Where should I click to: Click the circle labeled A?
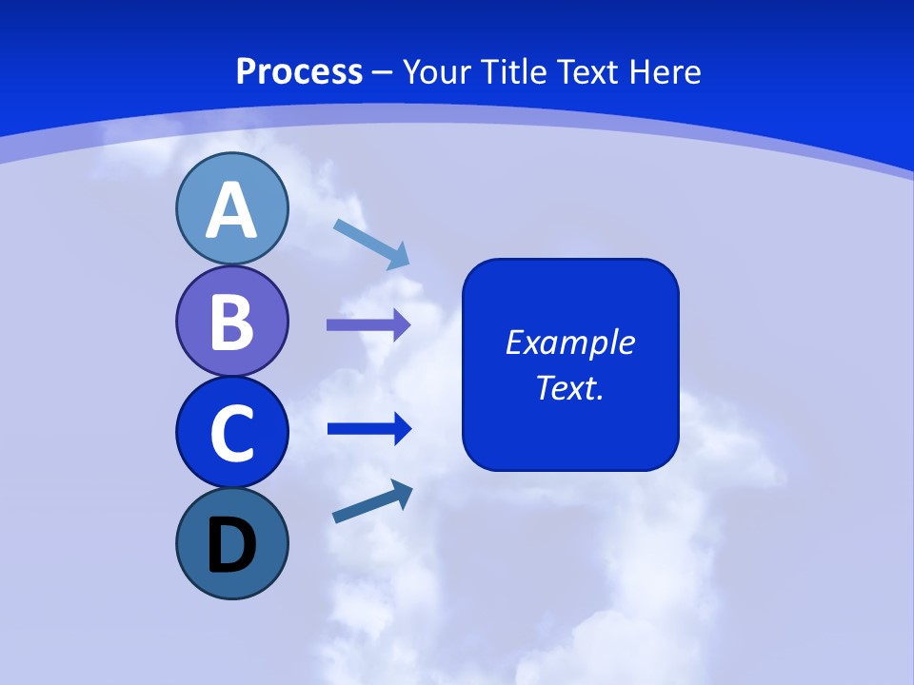(x=231, y=208)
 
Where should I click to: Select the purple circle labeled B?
(x=231, y=321)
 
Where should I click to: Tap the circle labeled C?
(x=231, y=432)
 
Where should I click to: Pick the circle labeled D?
(x=231, y=543)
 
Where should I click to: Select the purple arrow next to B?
(x=368, y=325)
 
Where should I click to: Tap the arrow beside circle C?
(x=368, y=429)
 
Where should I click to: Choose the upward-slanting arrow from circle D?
(x=372, y=502)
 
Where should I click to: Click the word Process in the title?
(x=299, y=71)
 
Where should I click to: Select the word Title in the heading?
(x=516, y=71)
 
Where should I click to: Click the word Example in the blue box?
(x=569, y=342)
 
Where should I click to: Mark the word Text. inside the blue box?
(x=569, y=387)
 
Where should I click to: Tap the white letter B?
(x=231, y=322)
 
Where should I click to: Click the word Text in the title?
(x=587, y=71)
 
